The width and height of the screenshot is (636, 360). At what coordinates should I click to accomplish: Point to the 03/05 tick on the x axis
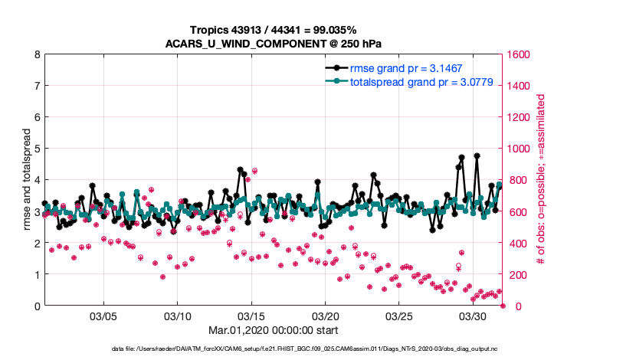[103, 316]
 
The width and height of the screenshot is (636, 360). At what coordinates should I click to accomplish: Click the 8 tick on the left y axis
[36, 54]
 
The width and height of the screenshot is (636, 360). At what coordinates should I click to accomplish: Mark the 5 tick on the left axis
[36, 149]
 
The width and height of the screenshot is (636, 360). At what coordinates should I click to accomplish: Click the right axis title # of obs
[541, 180]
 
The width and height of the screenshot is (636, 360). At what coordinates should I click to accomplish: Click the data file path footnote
[317, 349]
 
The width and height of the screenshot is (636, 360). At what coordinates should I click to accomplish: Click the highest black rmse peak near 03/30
[477, 155]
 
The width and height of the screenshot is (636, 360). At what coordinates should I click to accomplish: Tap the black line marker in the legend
[336, 68]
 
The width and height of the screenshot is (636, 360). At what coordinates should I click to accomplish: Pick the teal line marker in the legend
[336, 81]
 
